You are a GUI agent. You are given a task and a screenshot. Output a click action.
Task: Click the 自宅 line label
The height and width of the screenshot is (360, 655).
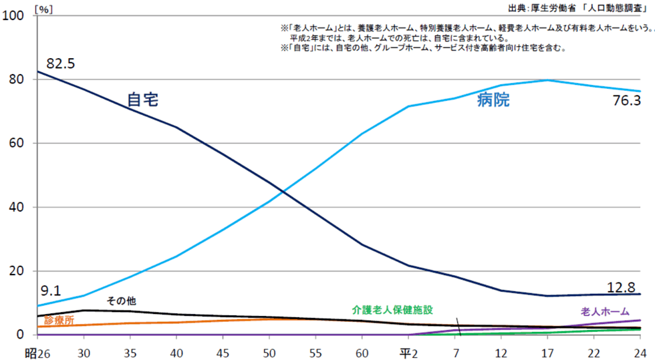(142, 100)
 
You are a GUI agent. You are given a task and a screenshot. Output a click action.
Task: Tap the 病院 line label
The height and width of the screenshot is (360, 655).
(493, 100)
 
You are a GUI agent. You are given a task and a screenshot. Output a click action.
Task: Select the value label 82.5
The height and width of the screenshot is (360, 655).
(61, 63)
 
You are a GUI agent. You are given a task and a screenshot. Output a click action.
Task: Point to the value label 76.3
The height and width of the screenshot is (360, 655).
(626, 101)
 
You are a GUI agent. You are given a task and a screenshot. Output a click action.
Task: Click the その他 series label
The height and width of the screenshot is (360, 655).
(122, 301)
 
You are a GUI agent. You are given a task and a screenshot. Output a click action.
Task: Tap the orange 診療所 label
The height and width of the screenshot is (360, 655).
(58, 321)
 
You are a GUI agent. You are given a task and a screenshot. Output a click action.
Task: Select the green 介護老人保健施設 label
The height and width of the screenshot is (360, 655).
(393, 310)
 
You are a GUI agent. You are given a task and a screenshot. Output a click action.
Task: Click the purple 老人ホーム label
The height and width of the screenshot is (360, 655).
(604, 311)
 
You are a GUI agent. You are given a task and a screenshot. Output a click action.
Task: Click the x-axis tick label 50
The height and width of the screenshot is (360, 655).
(270, 352)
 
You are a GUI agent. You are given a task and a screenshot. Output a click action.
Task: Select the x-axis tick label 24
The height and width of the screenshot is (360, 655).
(640, 352)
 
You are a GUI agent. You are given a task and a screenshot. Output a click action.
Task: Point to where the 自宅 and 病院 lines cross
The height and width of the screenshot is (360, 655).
(283, 192)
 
